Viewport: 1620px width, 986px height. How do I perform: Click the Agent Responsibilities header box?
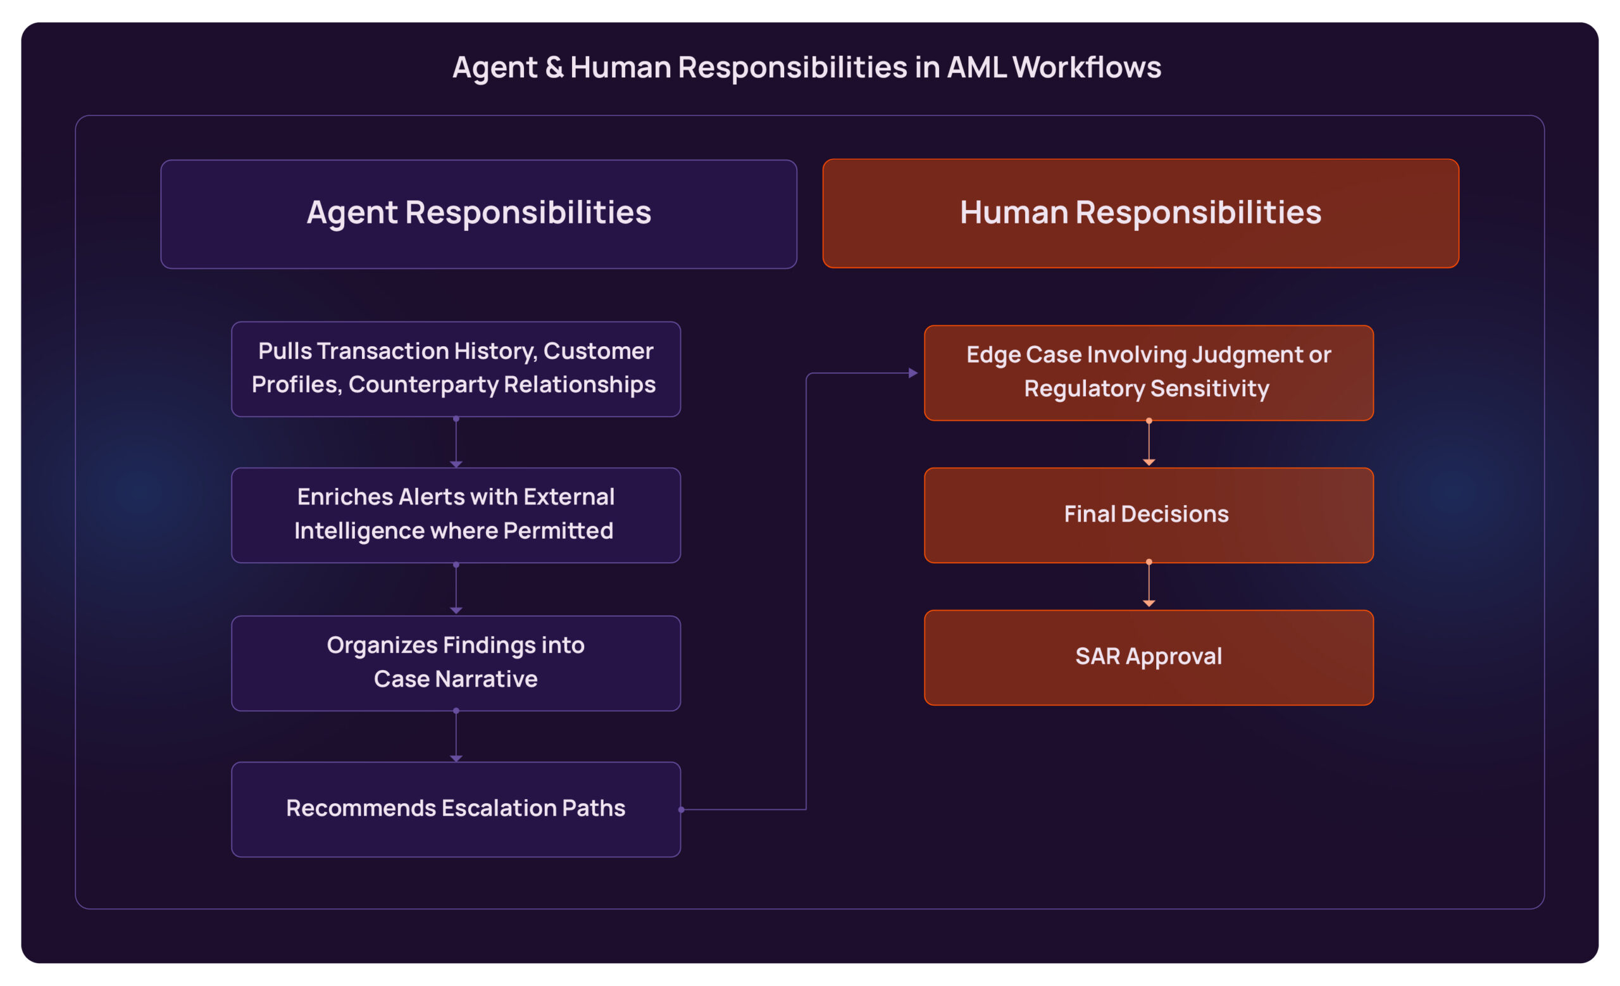point(478,214)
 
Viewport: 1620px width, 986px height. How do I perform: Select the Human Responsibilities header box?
point(1140,213)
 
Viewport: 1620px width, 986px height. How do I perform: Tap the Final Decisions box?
point(1148,515)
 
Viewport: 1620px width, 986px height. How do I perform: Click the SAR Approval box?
point(1148,658)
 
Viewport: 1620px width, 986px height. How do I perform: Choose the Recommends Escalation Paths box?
point(456,809)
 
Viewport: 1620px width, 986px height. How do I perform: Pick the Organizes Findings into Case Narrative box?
point(456,663)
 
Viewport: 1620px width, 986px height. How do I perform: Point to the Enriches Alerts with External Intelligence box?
point(456,515)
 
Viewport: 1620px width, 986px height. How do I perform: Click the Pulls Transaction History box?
point(456,369)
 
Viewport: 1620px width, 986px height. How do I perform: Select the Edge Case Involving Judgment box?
point(1148,372)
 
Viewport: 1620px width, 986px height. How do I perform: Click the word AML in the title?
point(976,68)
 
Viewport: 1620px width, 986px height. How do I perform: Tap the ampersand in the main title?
point(554,68)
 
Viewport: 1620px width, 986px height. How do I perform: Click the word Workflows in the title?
point(1086,68)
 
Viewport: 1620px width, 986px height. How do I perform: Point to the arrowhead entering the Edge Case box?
point(913,373)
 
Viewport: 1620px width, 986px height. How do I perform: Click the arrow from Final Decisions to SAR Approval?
point(1149,583)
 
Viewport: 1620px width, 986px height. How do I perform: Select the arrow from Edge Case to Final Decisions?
point(1149,443)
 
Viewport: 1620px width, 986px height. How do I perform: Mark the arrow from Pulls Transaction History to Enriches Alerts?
point(456,442)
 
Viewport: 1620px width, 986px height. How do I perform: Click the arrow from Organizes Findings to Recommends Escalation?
point(456,736)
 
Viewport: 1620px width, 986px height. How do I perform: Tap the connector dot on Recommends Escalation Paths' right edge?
point(681,809)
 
